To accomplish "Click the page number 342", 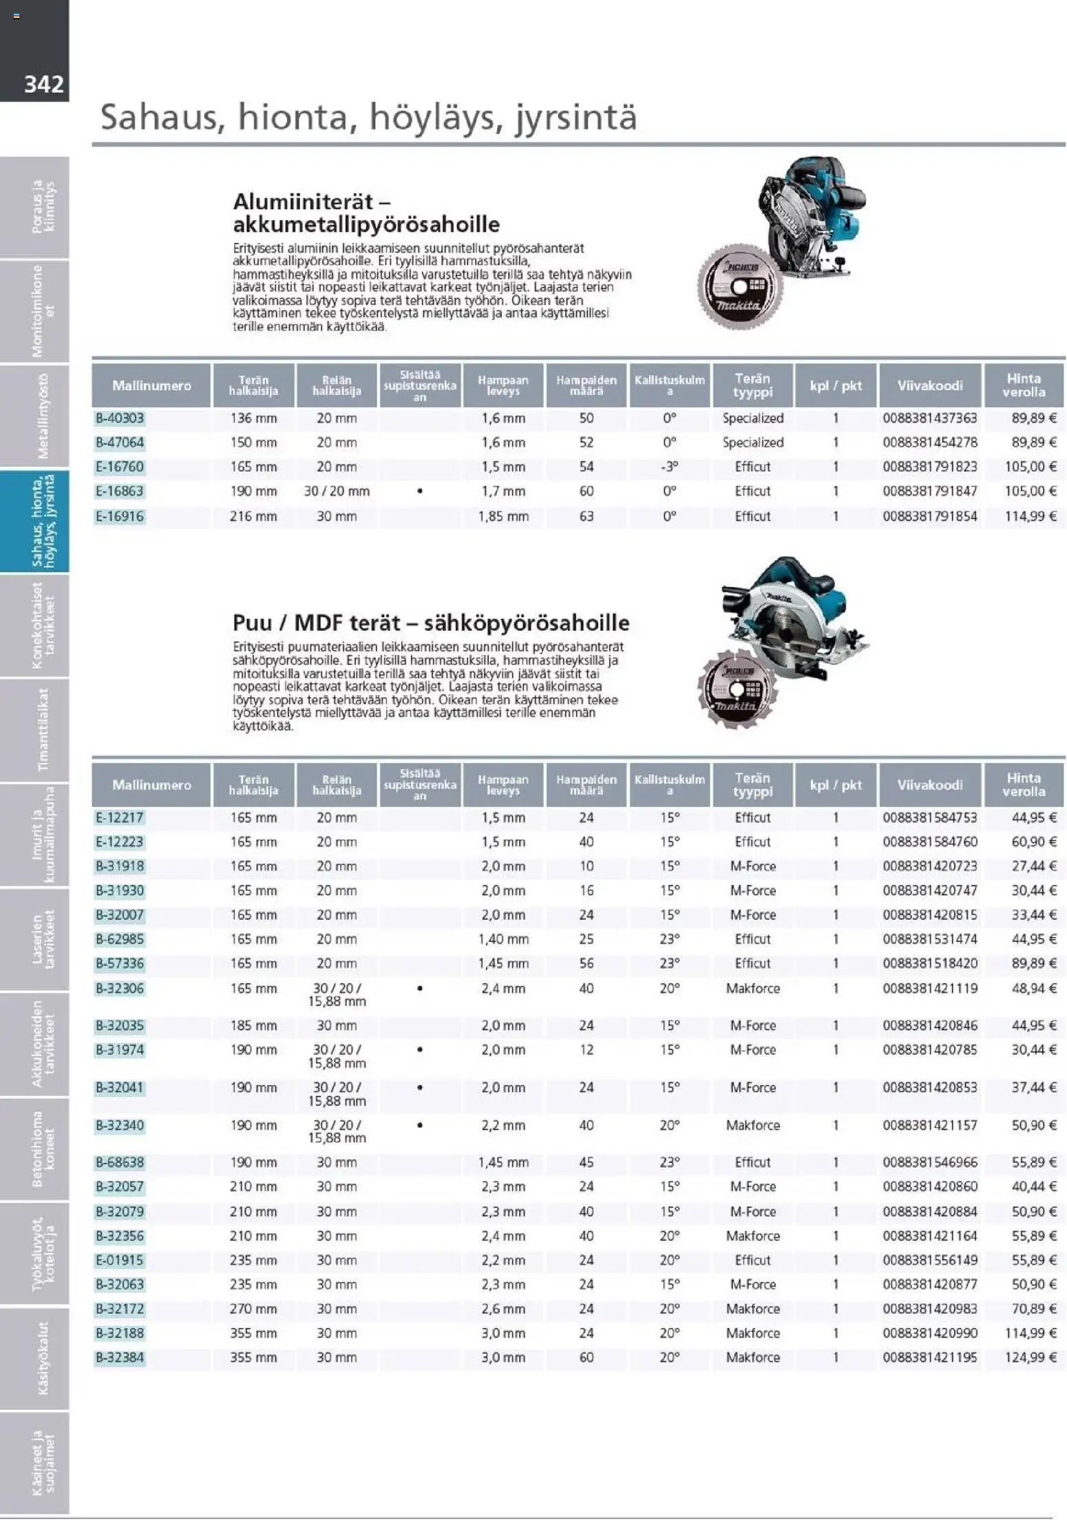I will pyautogui.click(x=43, y=85).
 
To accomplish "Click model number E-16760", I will pyautogui.click(x=120, y=467).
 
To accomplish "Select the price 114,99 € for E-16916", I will pyautogui.click(x=1030, y=516).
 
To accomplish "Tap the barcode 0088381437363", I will pyautogui.click(x=929, y=418).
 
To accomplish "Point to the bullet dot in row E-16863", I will pyautogui.click(x=420, y=491).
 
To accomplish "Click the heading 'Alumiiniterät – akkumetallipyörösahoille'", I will pyautogui.click(x=366, y=213).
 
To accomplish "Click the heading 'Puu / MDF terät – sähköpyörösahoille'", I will pyautogui.click(x=431, y=623).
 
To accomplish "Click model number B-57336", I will pyautogui.click(x=120, y=964).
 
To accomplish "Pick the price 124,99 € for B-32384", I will pyautogui.click(x=1030, y=1358).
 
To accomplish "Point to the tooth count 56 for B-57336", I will pyautogui.click(x=587, y=964).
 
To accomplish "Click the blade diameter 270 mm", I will pyautogui.click(x=253, y=1309).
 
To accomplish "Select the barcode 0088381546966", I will pyautogui.click(x=929, y=1162).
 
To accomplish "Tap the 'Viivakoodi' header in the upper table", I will pyautogui.click(x=929, y=386).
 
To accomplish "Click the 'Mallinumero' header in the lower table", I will pyautogui.click(x=151, y=785).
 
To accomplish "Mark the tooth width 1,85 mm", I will pyautogui.click(x=503, y=516).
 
